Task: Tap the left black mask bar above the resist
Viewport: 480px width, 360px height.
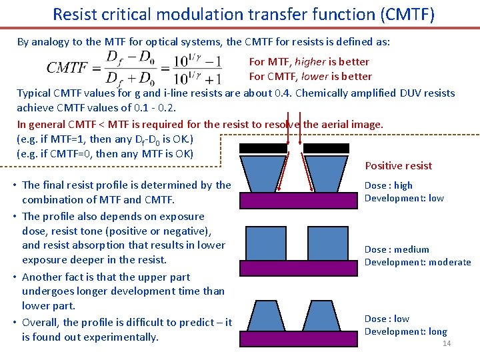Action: coord(261,149)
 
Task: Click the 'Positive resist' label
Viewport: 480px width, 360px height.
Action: coord(399,166)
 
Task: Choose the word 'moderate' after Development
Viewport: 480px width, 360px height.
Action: coord(450,262)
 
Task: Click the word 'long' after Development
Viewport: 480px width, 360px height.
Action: coord(437,331)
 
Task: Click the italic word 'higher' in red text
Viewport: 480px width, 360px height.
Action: coord(311,62)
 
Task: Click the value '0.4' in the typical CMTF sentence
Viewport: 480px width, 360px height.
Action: coord(281,93)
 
